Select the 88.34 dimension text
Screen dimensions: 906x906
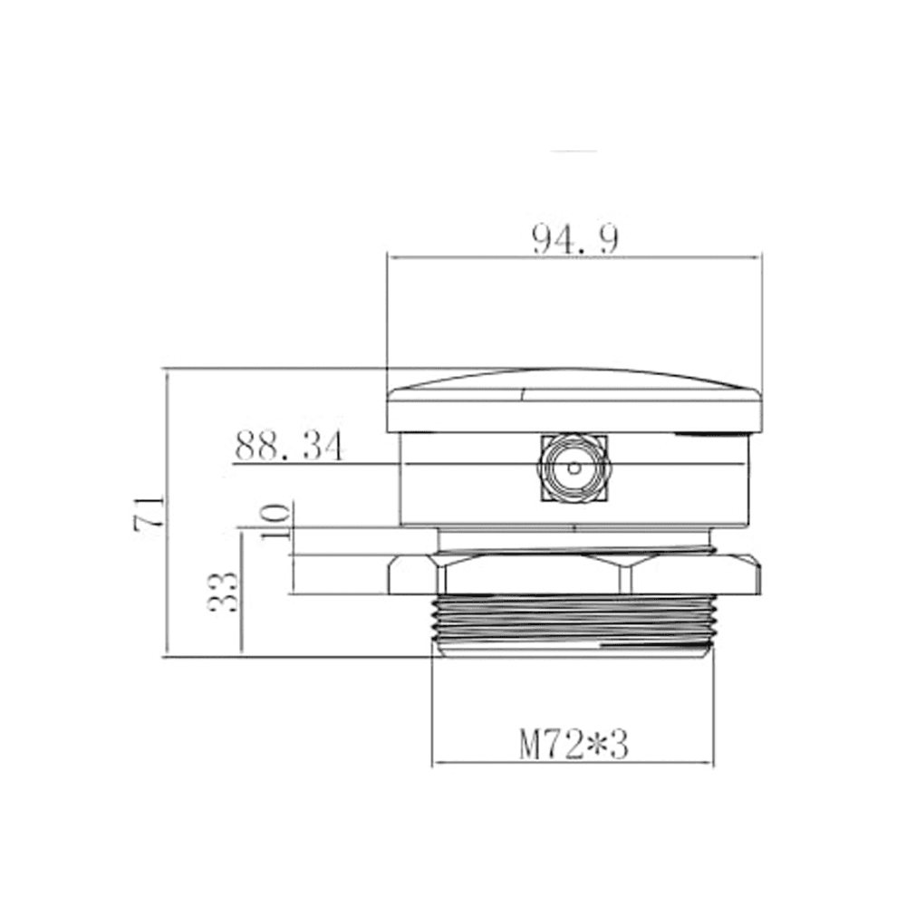tap(289, 446)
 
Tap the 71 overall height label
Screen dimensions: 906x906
tap(149, 512)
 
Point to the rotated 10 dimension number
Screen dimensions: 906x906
tap(275, 521)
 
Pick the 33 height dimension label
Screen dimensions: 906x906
tap(223, 592)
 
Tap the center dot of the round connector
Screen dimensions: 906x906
tap(574, 467)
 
